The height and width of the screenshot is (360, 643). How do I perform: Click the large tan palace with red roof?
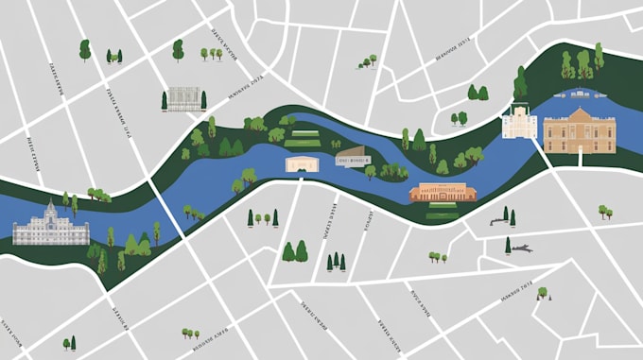579,130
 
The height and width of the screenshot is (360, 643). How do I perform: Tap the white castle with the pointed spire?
50,228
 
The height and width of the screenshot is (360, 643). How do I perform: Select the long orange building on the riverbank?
442,193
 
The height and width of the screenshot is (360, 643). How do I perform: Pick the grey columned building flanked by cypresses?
183,98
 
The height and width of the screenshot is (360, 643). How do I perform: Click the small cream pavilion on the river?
300,164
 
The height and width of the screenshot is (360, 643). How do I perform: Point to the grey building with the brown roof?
352,156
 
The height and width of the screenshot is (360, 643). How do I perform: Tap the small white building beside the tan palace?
519,122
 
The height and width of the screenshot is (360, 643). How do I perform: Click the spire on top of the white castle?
51,206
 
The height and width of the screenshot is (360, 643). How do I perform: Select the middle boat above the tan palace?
579,94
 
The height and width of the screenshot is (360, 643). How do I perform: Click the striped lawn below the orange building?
442,214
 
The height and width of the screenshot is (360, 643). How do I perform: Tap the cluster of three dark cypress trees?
336,262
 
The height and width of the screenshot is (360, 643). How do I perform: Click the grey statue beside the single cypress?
521,249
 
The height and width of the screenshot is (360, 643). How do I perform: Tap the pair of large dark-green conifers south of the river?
295,251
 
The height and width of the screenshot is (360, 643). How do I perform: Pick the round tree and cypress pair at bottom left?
69,343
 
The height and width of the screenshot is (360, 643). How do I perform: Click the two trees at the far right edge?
604,212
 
